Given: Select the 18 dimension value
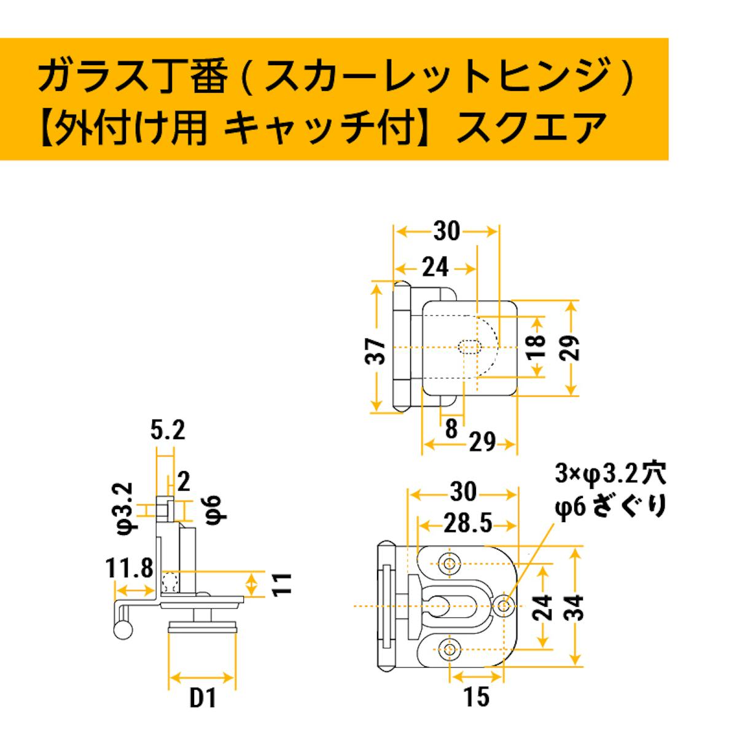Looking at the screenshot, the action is (536, 346).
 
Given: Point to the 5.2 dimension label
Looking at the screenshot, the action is (168, 431).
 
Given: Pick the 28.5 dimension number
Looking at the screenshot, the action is (467, 524).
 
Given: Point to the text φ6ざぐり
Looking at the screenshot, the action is (610, 506).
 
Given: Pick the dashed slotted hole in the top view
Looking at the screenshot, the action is (469, 347).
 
